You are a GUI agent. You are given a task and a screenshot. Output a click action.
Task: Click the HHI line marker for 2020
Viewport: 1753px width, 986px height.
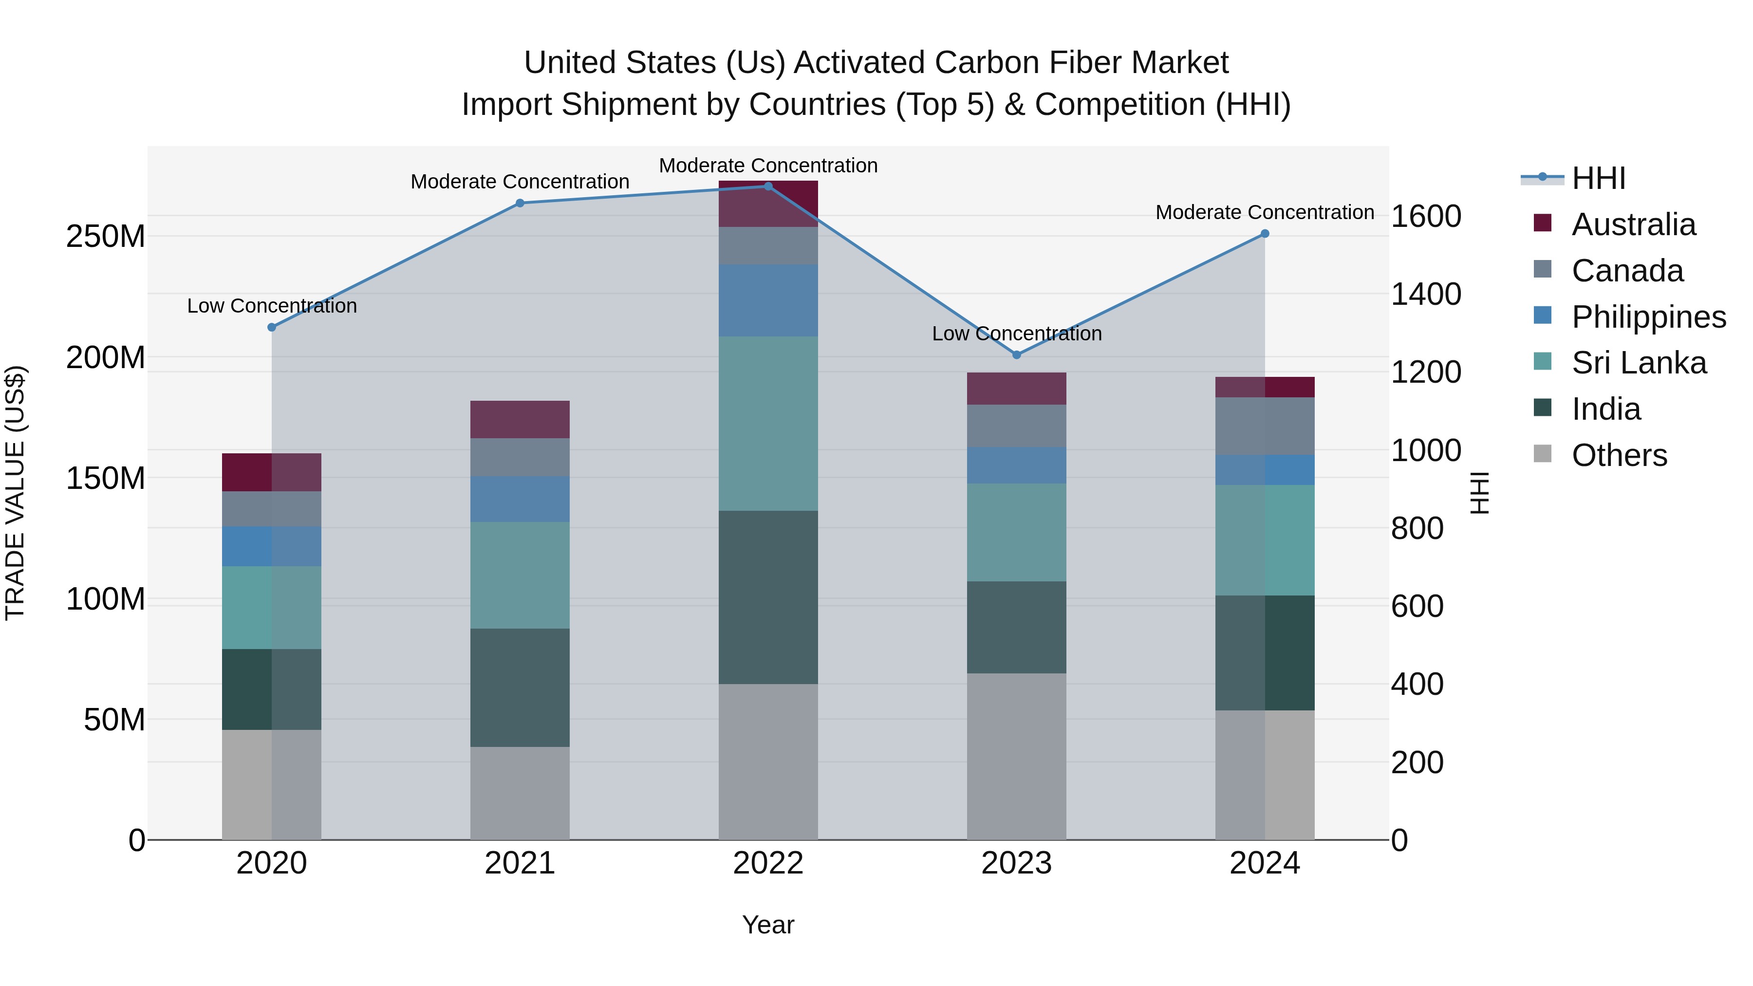(x=272, y=327)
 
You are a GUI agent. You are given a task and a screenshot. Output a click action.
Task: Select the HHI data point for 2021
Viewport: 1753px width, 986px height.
(x=520, y=203)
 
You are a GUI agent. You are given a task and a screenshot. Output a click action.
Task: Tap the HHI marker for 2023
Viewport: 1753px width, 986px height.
(x=1017, y=354)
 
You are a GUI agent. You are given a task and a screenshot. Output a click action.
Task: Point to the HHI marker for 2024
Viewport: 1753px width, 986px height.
(x=1265, y=233)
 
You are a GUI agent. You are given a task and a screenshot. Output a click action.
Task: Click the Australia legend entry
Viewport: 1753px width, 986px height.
(x=1633, y=224)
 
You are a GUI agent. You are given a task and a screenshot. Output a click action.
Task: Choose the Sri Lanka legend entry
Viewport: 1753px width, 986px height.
(x=1638, y=363)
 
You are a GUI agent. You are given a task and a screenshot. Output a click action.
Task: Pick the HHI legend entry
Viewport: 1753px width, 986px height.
(x=1597, y=178)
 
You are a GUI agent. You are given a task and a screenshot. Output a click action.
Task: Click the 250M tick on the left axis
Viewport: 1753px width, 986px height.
(x=106, y=237)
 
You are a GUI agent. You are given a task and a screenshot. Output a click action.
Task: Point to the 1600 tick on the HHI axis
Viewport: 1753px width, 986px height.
(x=1426, y=216)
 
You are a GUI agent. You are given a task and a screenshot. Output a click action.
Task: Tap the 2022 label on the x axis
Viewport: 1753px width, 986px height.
(x=768, y=863)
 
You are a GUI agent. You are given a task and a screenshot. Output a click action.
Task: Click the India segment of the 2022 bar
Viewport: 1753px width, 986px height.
(x=768, y=597)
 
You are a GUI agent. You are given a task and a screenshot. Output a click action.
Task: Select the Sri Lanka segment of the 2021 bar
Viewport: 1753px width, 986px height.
(x=520, y=575)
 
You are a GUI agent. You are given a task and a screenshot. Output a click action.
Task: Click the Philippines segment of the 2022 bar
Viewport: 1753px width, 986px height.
(x=768, y=300)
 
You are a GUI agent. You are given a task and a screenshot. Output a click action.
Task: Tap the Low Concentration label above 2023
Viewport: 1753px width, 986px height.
(x=1017, y=334)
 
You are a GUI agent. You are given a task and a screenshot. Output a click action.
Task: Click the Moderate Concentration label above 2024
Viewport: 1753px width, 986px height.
(x=1265, y=212)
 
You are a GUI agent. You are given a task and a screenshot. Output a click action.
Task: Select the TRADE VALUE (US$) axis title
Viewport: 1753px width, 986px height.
(x=15, y=493)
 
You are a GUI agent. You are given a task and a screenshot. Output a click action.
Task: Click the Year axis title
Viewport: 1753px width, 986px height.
(x=768, y=925)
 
